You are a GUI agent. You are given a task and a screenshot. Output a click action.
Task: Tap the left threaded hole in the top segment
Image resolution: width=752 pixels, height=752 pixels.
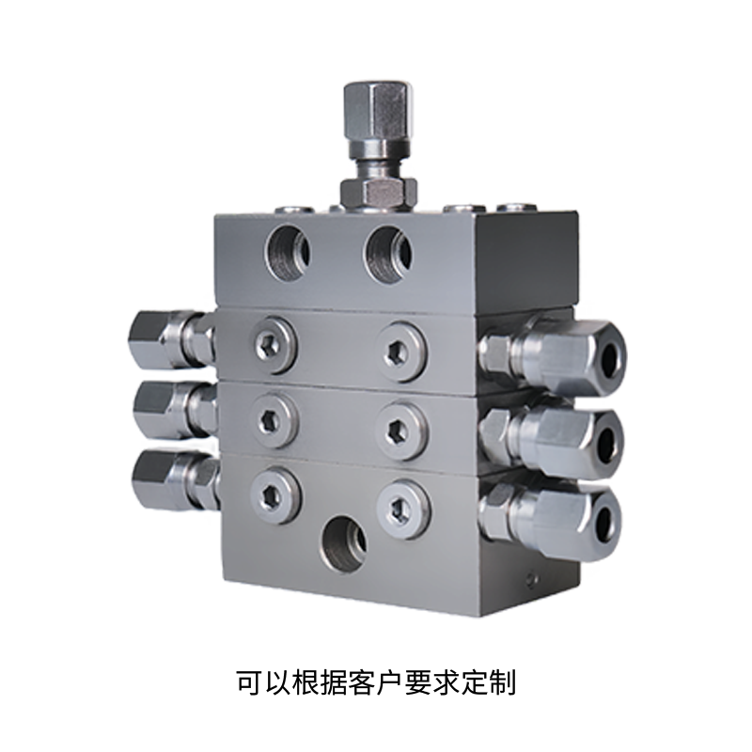point(289,253)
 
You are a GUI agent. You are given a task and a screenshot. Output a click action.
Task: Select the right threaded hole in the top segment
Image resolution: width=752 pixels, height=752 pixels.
point(388,254)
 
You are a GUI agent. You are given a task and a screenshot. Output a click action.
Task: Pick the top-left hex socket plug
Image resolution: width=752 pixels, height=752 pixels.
point(274,344)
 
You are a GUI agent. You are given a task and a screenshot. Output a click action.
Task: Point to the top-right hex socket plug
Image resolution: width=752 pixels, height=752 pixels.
point(401,352)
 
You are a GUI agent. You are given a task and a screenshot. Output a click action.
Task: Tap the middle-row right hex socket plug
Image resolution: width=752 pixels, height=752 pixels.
point(402,429)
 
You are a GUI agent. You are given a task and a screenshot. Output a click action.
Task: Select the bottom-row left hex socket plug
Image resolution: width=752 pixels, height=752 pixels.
point(276,496)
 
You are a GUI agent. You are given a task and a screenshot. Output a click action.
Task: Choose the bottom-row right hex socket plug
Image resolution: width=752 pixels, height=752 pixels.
point(403,509)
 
